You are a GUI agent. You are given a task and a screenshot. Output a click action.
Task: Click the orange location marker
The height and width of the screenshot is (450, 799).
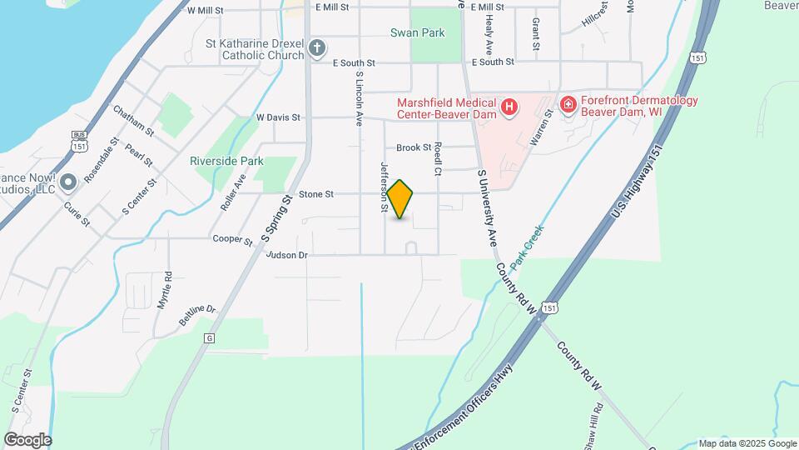coord(400,198)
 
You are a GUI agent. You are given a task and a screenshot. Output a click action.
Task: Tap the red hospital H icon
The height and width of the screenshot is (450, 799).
coord(509,107)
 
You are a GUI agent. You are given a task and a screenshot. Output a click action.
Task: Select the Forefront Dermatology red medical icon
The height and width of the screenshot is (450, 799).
coord(568,104)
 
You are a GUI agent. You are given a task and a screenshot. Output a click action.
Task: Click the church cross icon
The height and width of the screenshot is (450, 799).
coord(316,48)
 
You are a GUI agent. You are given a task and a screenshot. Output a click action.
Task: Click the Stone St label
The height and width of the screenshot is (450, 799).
coord(316,194)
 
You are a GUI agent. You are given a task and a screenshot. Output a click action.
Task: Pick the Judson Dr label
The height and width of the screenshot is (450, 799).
coord(287,255)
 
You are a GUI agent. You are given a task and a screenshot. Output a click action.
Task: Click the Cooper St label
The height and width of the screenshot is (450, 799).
coord(232,239)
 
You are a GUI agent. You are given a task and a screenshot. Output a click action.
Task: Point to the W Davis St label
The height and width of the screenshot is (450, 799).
coord(278,117)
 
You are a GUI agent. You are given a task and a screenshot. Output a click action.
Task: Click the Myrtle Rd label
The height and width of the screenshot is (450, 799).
coord(165,291)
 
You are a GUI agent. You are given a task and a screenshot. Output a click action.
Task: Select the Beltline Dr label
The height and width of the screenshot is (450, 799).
coord(197,315)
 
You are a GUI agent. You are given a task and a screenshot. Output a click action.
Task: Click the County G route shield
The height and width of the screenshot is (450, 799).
coord(208,337)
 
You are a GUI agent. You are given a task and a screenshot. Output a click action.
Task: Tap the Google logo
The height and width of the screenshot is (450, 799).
coord(27,439)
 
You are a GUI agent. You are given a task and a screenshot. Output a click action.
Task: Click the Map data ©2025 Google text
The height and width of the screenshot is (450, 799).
coord(747,443)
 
